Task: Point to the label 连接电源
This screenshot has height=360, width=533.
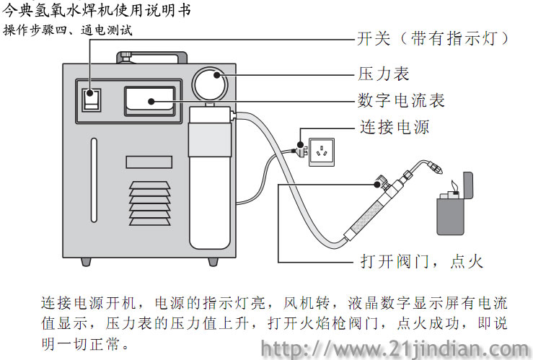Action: tap(395, 128)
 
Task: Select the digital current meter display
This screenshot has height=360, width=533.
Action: tap(149, 100)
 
